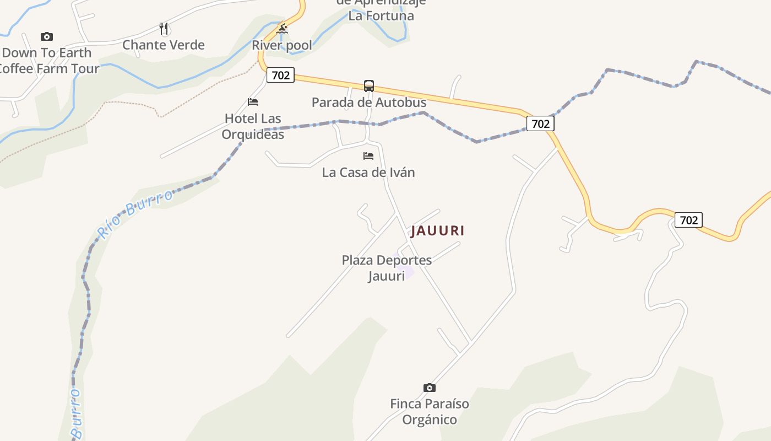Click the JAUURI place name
coord(437,230)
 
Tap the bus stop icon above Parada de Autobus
coord(369,85)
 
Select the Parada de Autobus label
coord(369,102)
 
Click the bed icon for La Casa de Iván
coord(368,156)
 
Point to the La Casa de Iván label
coord(368,172)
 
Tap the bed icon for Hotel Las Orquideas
coord(253,102)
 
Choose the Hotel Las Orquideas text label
coord(253,126)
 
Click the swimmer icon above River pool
coord(282,29)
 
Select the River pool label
coord(282,45)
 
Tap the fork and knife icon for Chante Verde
coord(164,29)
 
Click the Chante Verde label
coord(164,45)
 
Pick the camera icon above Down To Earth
coord(47,37)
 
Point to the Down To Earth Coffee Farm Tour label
coord(48,61)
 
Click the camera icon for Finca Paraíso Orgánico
coord(430,388)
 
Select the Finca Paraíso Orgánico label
coord(430,411)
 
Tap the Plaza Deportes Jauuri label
coord(387,267)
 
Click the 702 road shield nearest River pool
coord(281,75)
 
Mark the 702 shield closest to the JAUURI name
coord(540,123)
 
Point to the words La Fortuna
coord(381,15)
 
